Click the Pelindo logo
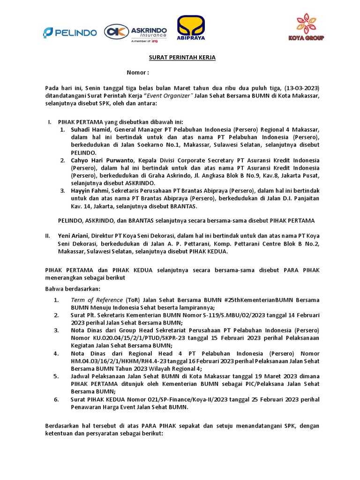[70, 32]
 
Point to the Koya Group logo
[306, 28]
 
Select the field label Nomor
[138, 73]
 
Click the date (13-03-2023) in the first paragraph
[302, 88]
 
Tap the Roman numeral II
[48, 236]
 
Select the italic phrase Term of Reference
[97, 300]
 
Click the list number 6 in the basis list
[56, 399]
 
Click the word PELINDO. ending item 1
[84, 152]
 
